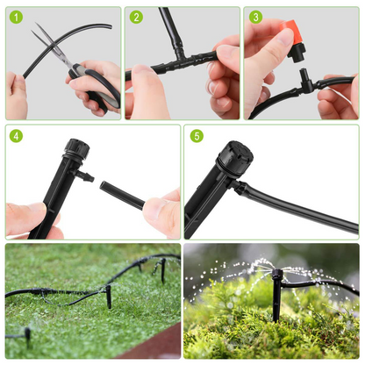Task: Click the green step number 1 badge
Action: (x=17, y=17)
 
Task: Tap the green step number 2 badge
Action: (x=136, y=17)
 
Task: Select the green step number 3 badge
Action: (x=255, y=17)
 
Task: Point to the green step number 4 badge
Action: (x=17, y=136)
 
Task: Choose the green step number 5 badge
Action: (x=196, y=136)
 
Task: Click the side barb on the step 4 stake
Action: (x=85, y=176)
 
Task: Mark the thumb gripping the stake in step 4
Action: (x=26, y=217)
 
